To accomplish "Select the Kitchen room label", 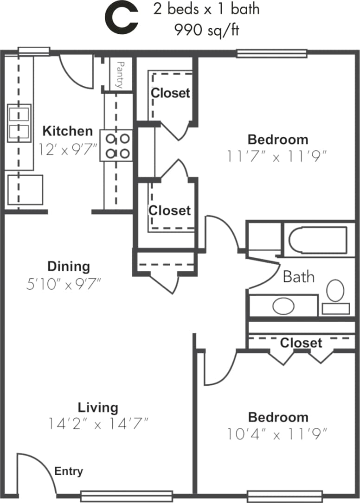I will (x=68, y=131).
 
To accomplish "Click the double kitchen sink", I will (x=19, y=123).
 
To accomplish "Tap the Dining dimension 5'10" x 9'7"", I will (x=64, y=283).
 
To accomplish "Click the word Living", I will (x=98, y=407).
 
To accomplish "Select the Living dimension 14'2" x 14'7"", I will (x=98, y=423).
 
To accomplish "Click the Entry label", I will (x=69, y=471).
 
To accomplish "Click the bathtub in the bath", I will (x=318, y=240).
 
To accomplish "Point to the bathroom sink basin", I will (x=283, y=306).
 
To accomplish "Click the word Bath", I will (x=298, y=277).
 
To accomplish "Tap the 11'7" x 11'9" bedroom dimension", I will (x=277, y=156).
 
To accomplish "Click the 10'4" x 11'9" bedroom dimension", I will (x=277, y=434).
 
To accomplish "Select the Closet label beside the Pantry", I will (x=171, y=93).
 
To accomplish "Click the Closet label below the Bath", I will (x=301, y=343).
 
